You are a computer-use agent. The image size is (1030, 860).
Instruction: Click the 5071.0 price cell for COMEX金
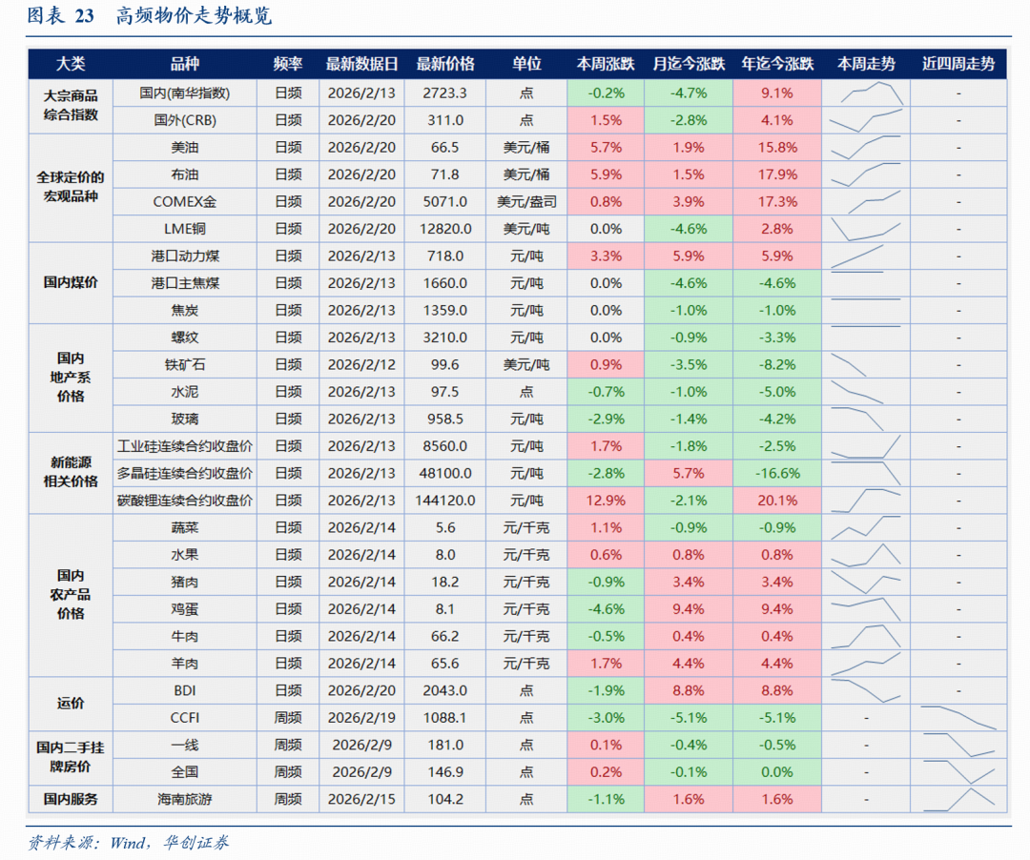(444, 202)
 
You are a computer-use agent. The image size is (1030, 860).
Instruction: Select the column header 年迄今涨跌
(777, 64)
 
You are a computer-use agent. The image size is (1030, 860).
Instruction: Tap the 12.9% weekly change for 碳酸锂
(606, 501)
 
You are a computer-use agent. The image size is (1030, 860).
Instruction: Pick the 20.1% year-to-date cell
(777, 501)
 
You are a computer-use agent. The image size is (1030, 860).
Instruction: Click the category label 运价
(71, 704)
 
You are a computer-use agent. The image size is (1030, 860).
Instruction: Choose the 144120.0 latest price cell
(444, 501)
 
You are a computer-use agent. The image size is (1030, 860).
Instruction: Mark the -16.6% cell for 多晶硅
(777, 474)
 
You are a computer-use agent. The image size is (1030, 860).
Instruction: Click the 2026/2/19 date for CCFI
(361, 718)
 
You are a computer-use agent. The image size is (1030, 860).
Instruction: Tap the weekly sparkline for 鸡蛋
(866, 607)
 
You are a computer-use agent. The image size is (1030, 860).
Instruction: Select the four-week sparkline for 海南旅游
(958, 799)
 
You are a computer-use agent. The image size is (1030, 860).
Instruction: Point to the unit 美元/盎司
(526, 202)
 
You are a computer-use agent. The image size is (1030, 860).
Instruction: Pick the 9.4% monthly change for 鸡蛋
(689, 609)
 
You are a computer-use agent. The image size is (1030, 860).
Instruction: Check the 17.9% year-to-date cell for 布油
(777, 174)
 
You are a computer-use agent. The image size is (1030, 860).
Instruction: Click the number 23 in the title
(84, 16)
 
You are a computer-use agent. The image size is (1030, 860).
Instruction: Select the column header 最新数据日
(361, 64)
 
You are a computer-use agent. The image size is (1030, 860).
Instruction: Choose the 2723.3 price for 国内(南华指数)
(444, 93)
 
